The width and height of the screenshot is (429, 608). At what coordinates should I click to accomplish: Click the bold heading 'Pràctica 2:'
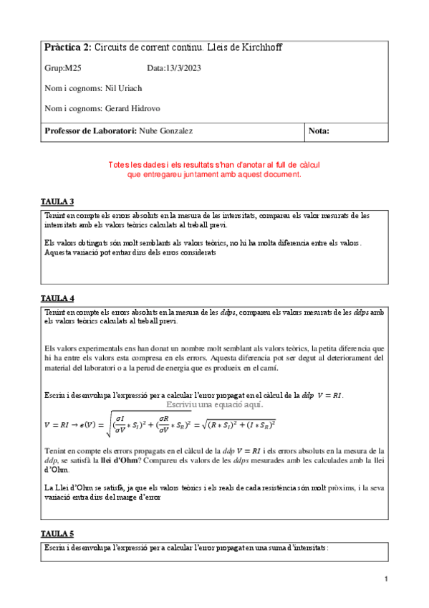point(68,47)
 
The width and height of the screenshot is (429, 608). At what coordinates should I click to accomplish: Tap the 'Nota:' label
point(319,130)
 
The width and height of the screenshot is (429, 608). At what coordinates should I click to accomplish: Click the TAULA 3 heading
point(57,201)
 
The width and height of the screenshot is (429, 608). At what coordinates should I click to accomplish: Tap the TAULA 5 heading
point(57,534)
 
